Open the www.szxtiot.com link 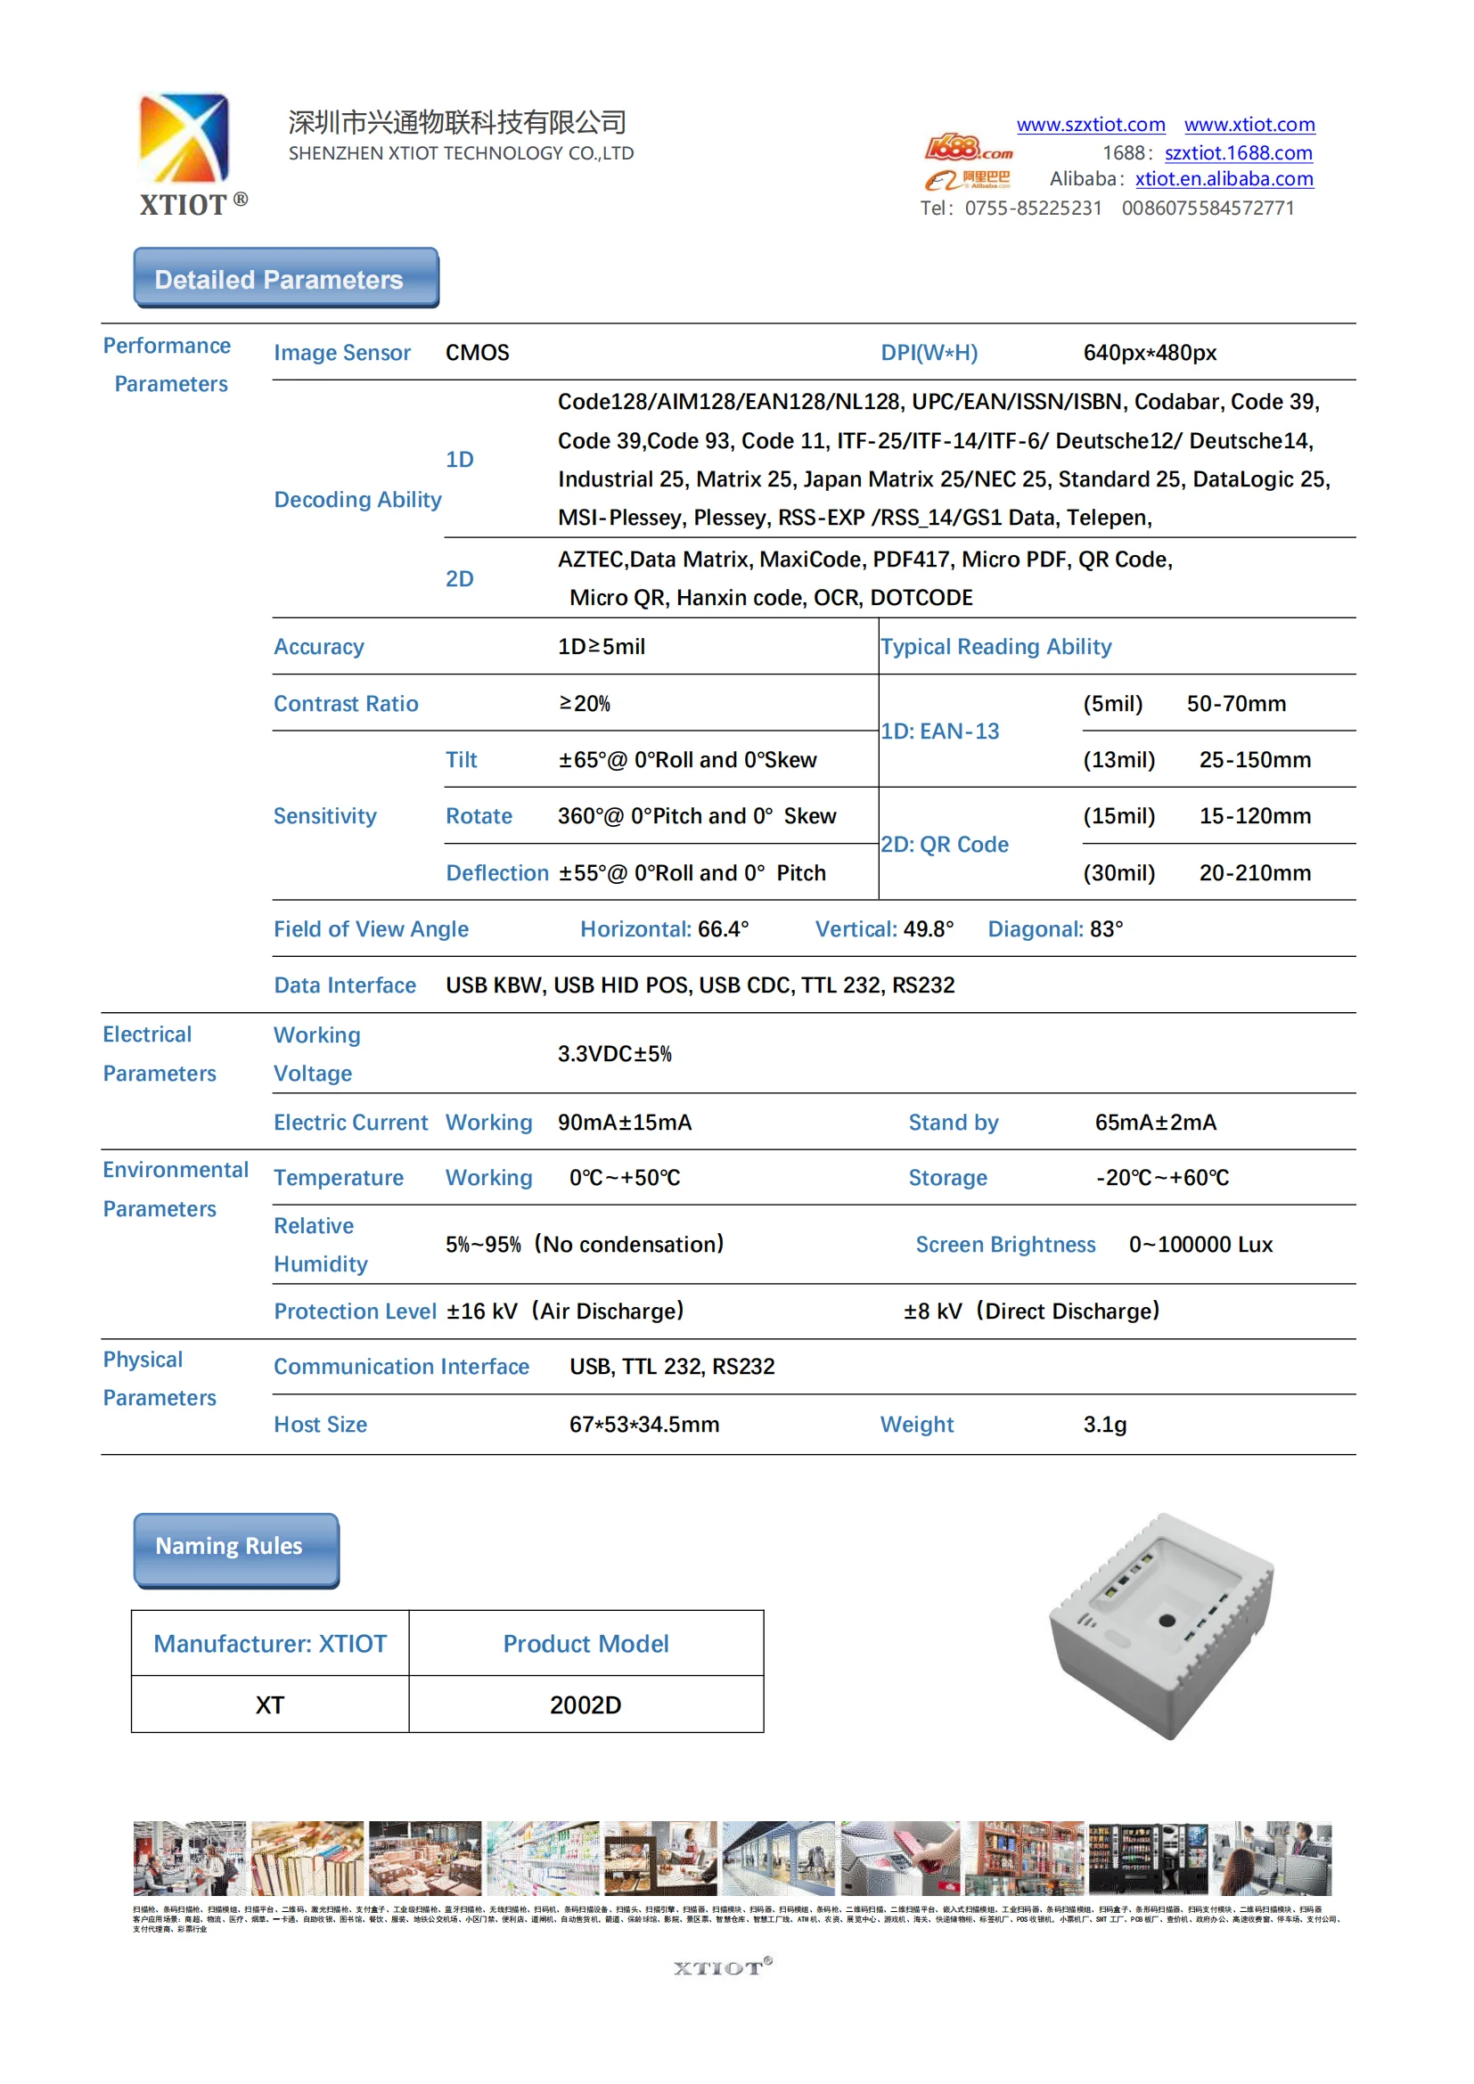(x=1090, y=125)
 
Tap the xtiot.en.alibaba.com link (x=1224, y=179)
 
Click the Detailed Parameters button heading (x=286, y=279)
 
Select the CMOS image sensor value (x=477, y=352)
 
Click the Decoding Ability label (x=357, y=499)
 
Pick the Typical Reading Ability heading (x=995, y=646)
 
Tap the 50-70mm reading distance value (x=1235, y=704)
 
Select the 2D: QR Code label (x=944, y=844)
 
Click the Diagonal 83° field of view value (x=1054, y=928)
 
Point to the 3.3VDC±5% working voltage (x=615, y=1054)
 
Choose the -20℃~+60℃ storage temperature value (x=1162, y=1177)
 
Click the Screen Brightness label (x=1004, y=1245)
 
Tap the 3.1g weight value (x=1104, y=1424)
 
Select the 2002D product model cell (x=586, y=1704)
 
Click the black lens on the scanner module (x=1167, y=1620)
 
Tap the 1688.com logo (x=968, y=147)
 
